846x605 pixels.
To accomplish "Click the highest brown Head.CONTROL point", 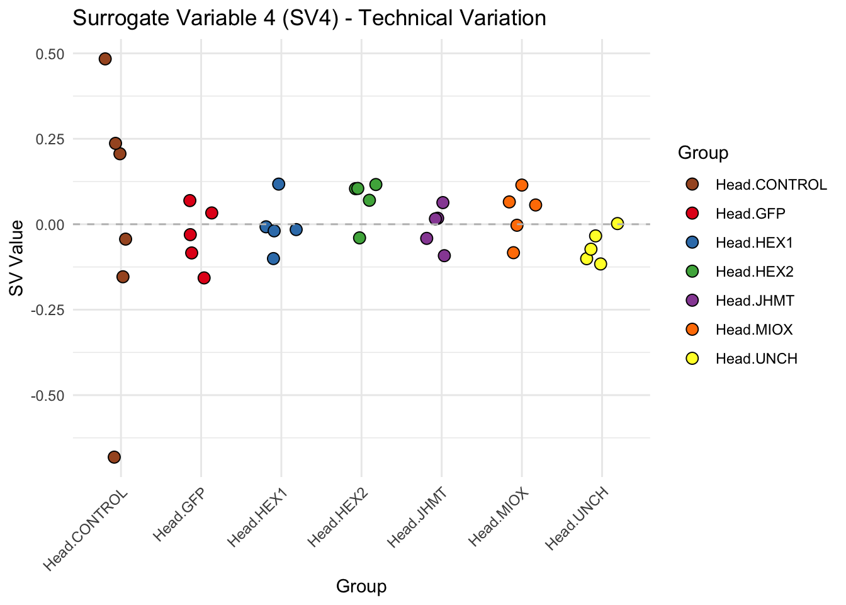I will [105, 59].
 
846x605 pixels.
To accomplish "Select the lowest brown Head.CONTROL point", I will [114, 457].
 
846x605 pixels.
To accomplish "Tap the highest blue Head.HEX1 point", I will [279, 184].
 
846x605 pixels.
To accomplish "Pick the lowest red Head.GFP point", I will [204, 278].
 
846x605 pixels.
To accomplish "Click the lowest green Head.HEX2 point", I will [359, 238].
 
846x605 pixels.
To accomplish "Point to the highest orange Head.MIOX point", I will [522, 185].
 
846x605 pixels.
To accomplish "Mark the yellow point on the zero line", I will [618, 224].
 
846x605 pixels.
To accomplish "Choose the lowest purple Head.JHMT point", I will [444, 255].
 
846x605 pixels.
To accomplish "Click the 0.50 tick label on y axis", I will [50, 54].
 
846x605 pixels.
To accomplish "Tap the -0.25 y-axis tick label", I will [48, 310].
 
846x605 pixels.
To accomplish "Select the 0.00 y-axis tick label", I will [50, 225].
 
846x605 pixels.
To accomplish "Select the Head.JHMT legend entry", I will [755, 301].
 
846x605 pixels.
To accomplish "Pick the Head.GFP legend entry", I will [750, 214].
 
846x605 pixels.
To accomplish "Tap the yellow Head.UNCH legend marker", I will [692, 359].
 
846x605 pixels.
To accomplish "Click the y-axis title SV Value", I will [16, 257].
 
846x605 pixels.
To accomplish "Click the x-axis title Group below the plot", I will [361, 587].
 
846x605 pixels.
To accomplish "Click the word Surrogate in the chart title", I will [121, 18].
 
